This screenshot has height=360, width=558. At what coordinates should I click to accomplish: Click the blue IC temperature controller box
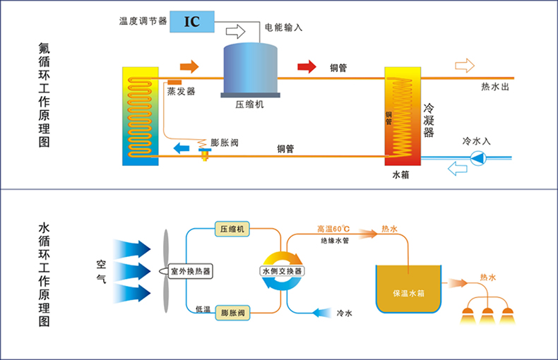click(x=191, y=21)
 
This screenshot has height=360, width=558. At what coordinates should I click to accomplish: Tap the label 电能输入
click(x=283, y=28)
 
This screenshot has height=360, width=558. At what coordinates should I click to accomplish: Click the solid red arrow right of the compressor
click(x=306, y=67)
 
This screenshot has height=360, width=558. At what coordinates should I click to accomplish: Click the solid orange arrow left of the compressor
click(x=189, y=67)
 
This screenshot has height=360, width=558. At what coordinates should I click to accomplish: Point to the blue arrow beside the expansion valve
click(x=182, y=148)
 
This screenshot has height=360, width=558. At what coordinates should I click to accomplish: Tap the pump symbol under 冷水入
click(x=478, y=158)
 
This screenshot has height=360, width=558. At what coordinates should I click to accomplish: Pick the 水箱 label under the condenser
click(x=400, y=174)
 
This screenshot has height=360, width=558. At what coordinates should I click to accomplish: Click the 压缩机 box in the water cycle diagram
click(x=232, y=229)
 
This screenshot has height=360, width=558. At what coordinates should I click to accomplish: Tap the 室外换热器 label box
click(x=190, y=271)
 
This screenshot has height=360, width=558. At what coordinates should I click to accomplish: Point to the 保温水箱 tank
click(x=408, y=291)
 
